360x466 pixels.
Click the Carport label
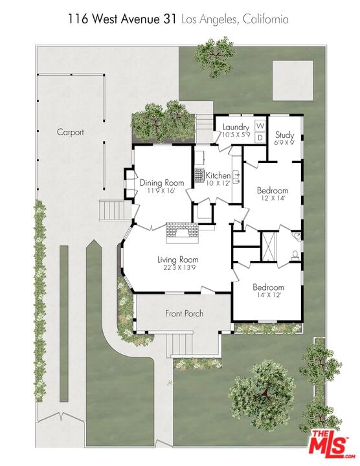pos(70,132)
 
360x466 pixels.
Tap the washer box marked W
pos(260,126)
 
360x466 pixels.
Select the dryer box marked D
pos(260,137)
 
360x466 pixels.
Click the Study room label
pos(284,135)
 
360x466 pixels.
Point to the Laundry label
pos(236,128)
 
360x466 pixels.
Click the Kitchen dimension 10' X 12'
pos(218,183)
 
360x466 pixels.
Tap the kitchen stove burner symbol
pos(199,175)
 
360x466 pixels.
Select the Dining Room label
pos(162,183)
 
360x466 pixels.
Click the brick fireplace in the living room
pos(182,233)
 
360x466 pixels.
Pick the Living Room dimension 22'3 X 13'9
pos(177,267)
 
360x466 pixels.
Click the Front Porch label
pos(185,313)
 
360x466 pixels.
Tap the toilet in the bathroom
pos(295,256)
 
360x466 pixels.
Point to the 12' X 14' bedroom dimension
pos(273,198)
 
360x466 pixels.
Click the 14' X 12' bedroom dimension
pos(269,295)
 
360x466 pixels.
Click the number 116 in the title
pos(77,19)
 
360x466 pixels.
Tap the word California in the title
pos(265,19)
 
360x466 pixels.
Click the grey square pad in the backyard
pos(293,80)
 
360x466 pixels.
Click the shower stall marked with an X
pos(269,247)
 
